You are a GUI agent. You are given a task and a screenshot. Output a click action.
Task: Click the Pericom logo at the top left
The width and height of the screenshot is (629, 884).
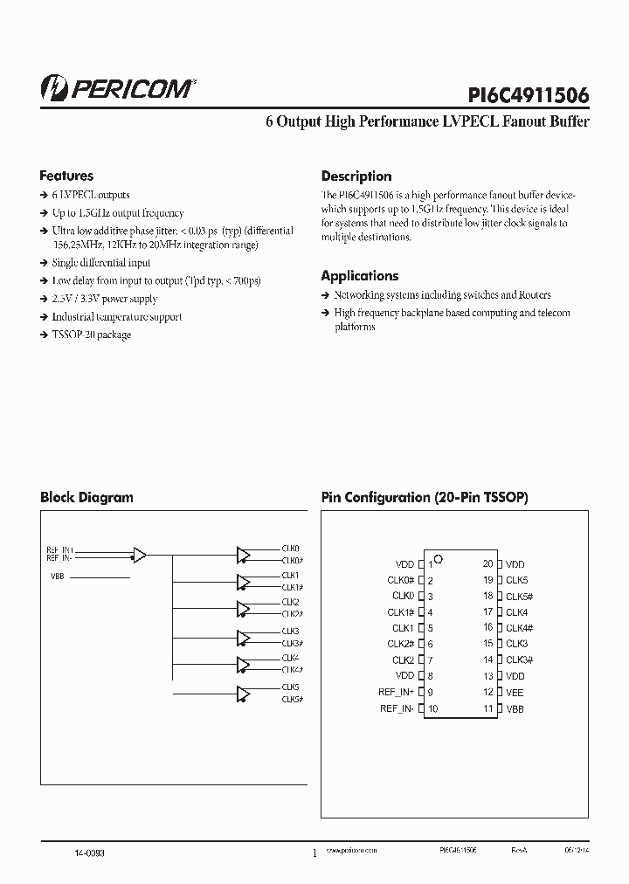(x=119, y=87)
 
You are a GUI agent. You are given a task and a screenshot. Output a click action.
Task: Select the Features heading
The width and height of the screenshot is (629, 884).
(x=66, y=176)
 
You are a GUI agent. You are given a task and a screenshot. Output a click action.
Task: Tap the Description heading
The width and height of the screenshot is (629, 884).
(x=356, y=176)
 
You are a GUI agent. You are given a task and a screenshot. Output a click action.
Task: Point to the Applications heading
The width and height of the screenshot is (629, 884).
(x=359, y=276)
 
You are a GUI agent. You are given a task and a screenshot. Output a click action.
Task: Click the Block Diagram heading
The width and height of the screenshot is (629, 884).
(x=86, y=497)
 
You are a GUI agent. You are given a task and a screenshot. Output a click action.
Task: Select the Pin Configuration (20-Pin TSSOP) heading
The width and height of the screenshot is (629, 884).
(x=425, y=497)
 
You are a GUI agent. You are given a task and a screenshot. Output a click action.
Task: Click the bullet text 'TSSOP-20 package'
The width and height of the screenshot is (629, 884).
(x=91, y=335)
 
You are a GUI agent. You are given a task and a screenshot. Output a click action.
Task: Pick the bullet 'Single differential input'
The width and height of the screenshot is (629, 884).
(x=100, y=263)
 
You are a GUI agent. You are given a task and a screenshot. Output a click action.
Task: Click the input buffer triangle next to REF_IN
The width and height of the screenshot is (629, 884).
(x=139, y=554)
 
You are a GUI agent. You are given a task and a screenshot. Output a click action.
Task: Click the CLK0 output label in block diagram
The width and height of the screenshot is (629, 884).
(x=291, y=549)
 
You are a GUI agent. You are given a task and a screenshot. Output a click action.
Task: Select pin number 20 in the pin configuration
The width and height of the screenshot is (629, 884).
(x=487, y=564)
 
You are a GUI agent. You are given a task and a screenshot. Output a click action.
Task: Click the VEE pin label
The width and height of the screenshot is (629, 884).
(x=515, y=693)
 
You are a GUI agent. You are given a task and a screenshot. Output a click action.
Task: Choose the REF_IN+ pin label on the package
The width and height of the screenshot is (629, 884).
(x=396, y=693)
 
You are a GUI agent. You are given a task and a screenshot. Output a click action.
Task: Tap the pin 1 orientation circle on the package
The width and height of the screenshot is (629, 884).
(x=439, y=558)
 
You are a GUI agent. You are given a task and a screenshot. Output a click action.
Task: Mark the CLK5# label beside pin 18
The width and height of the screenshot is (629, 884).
(x=520, y=597)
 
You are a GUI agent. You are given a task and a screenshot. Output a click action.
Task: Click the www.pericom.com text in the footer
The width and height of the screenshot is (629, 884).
(x=350, y=849)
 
